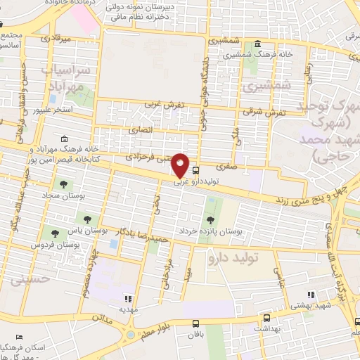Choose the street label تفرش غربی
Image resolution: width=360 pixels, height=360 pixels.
[164, 104]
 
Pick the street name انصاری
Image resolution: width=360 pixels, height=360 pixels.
[140, 131]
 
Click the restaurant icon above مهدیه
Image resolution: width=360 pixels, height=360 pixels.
[127, 298]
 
